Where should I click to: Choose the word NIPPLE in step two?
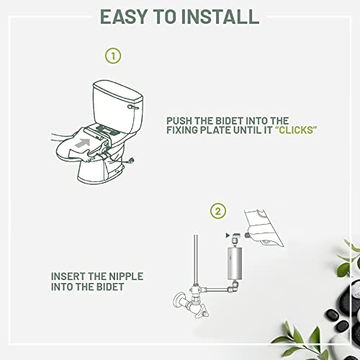click(x=135, y=276)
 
